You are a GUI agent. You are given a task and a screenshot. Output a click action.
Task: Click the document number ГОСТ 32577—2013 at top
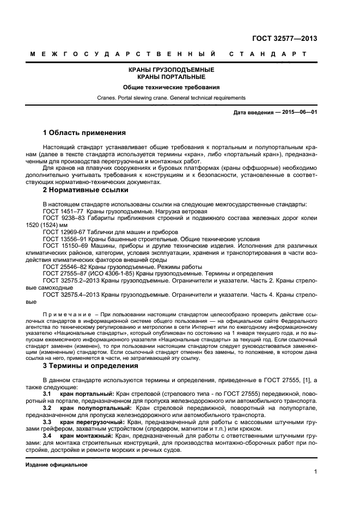coord(285,38)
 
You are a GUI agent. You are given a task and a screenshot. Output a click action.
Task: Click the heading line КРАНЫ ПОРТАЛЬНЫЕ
coord(170,77)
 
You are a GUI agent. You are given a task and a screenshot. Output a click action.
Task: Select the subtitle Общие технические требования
coord(170,88)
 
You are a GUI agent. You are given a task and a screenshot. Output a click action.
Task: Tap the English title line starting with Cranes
coord(170,98)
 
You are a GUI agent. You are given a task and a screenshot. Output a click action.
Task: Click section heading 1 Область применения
coord(84,133)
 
